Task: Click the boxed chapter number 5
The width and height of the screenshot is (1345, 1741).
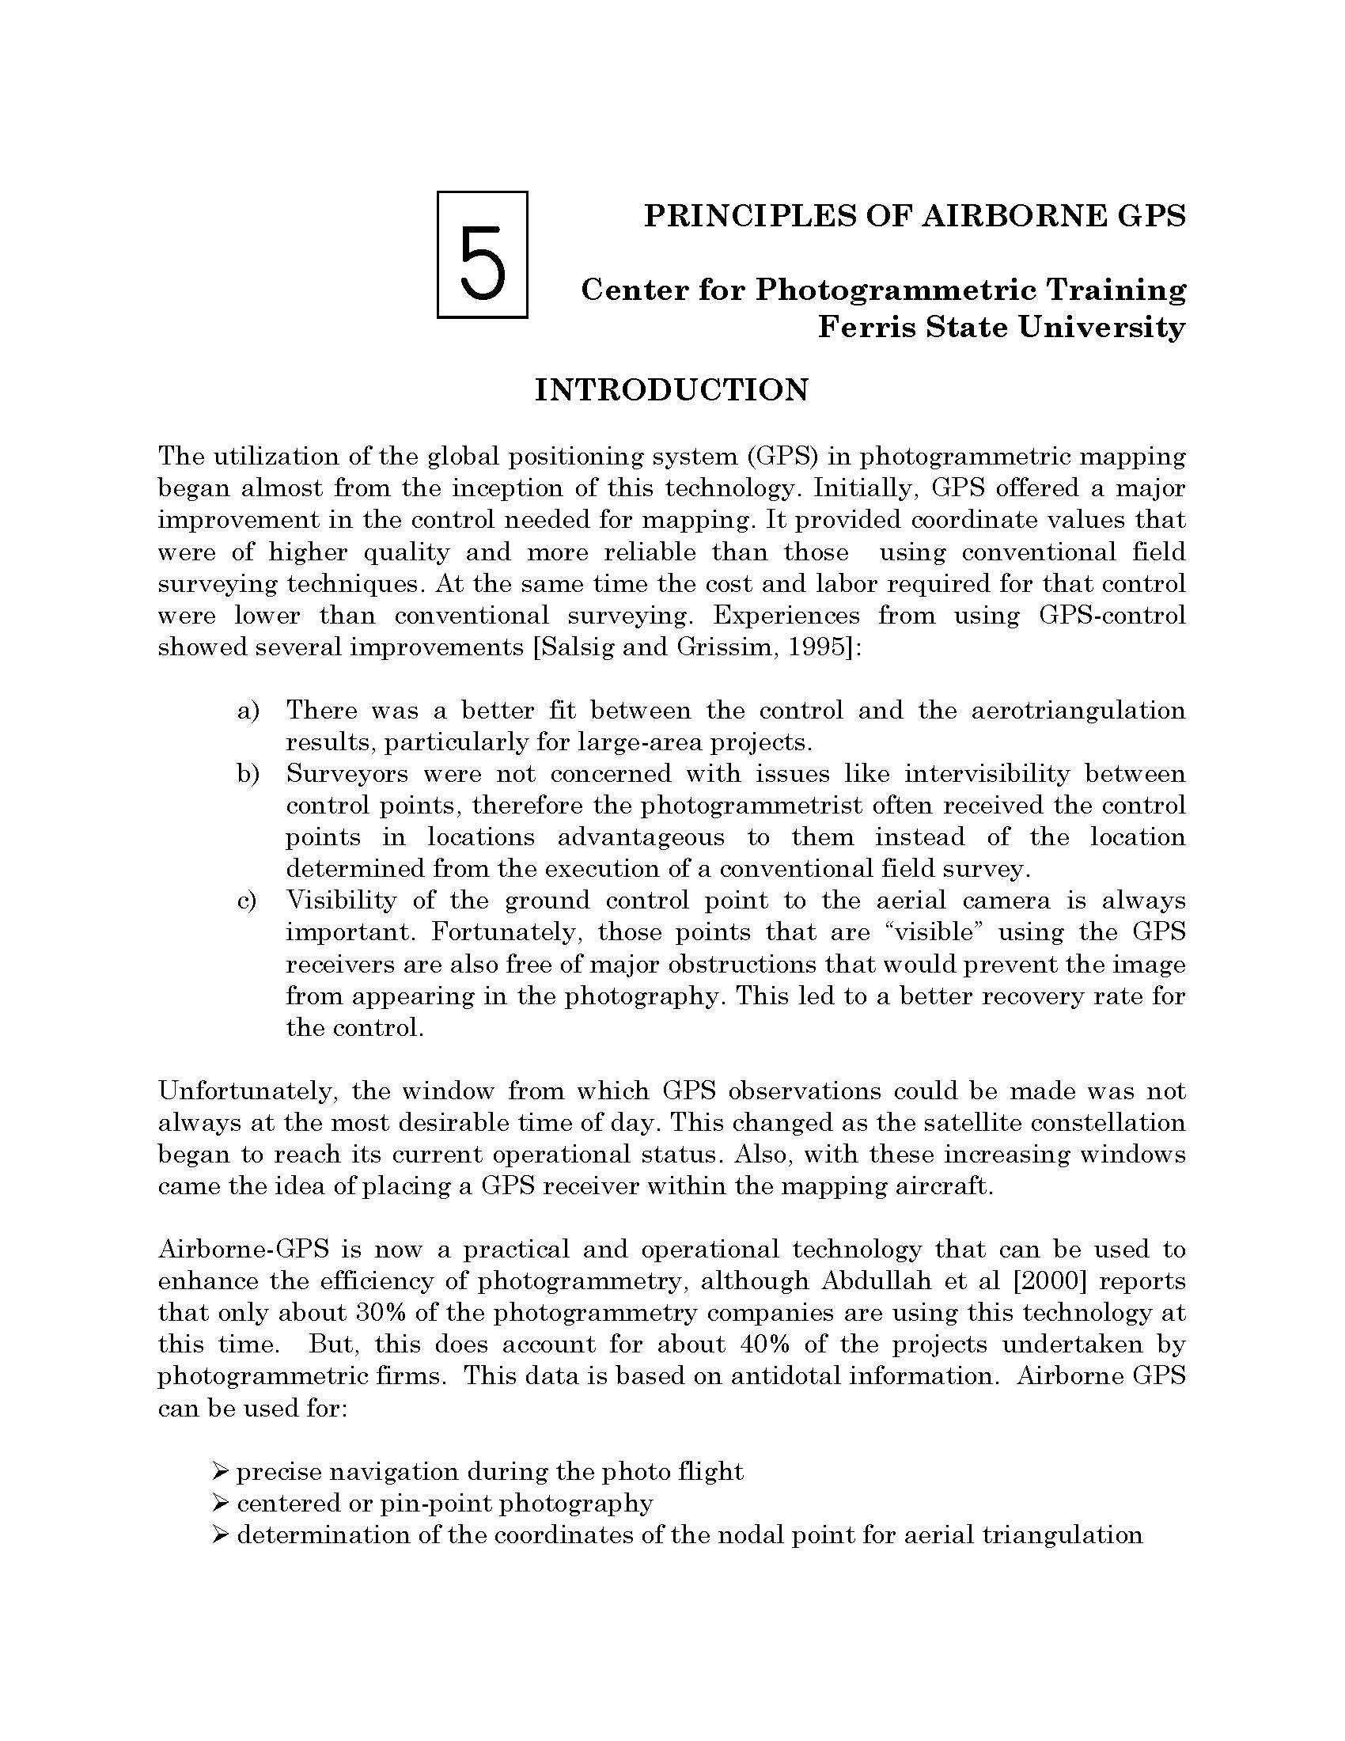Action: point(483,255)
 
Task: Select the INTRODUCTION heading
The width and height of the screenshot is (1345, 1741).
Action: point(671,390)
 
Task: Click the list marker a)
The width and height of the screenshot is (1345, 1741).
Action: point(248,711)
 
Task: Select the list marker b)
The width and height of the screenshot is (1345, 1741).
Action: point(248,774)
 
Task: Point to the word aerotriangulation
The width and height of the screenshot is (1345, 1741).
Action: point(1078,711)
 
